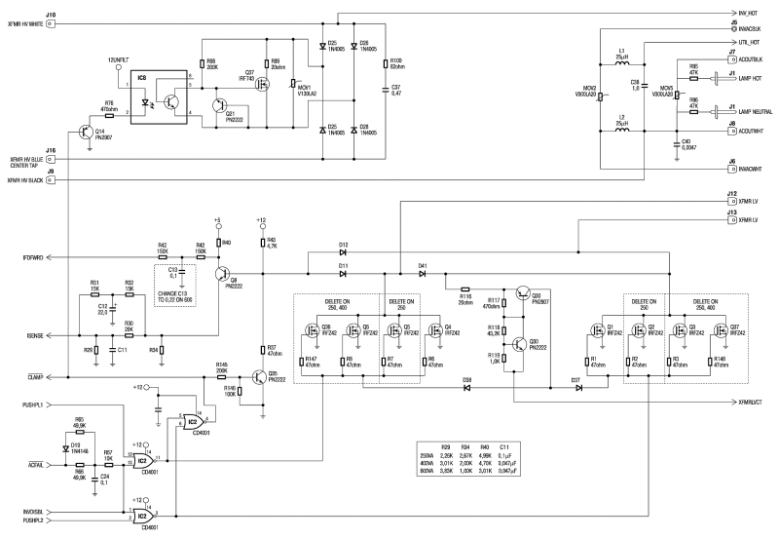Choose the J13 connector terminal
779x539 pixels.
coord(732,219)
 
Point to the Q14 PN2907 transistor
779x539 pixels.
coord(89,131)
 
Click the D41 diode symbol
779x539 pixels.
coord(423,274)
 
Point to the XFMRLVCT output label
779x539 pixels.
coord(754,402)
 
